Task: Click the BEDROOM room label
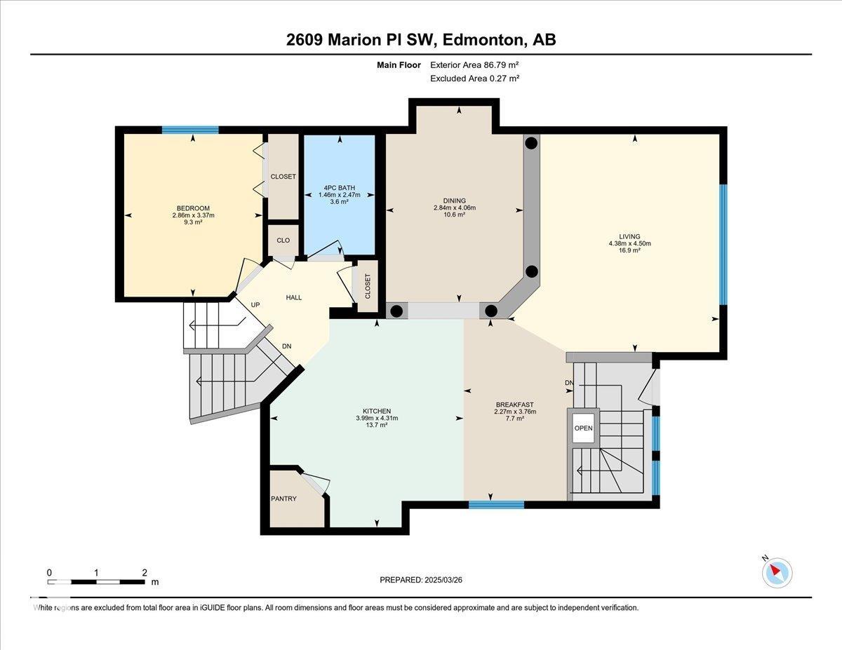[193, 208]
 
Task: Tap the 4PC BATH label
[339, 187]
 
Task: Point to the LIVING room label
[629, 236]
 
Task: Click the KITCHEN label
[377, 411]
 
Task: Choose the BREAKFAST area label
[515, 405]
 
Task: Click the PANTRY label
[283, 499]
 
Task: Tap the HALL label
[293, 297]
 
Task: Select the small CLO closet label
[283, 241]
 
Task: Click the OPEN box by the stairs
[583, 428]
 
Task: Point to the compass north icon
[776, 572]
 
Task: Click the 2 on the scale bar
[144, 572]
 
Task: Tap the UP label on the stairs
[256, 305]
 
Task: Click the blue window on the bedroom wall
[190, 130]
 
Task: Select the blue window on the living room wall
[723, 245]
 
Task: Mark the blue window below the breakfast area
[496, 505]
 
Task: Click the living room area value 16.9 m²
[629, 250]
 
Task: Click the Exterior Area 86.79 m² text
[474, 65]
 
